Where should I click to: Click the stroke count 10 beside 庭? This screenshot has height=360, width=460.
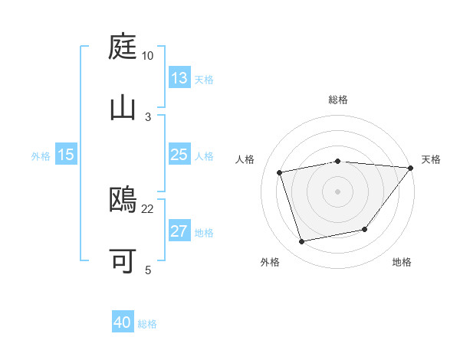click(148, 56)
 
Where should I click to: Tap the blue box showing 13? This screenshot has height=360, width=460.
click(179, 77)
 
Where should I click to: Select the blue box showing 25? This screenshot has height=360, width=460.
click(179, 155)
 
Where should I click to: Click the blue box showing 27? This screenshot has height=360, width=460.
click(179, 231)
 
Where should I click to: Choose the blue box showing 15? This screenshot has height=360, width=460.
click(66, 155)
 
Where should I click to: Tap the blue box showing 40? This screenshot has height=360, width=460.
click(123, 322)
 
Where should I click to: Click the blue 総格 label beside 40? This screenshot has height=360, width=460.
click(147, 324)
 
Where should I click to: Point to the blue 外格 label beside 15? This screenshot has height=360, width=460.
click(41, 156)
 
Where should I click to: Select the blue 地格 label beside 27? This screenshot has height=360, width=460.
click(204, 233)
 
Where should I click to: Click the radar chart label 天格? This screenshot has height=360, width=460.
click(431, 159)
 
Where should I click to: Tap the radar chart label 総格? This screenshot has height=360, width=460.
click(338, 100)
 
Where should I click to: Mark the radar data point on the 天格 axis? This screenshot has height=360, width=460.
click(411, 168)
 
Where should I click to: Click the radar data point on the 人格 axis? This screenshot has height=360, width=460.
click(280, 172)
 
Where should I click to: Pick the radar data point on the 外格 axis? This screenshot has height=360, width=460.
click(302, 241)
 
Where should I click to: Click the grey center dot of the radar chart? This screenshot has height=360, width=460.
click(338, 191)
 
